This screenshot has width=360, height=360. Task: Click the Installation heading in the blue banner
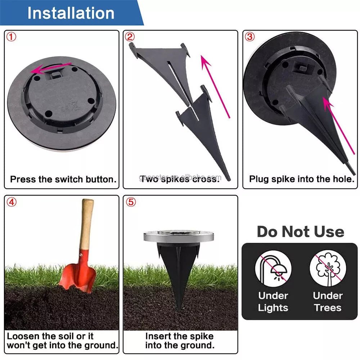71,13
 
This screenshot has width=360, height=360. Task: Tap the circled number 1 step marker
12,37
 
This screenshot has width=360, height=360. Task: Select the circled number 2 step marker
130,37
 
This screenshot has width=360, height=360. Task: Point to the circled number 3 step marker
249,37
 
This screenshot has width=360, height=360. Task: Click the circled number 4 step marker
12,202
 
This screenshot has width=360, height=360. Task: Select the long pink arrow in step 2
215,86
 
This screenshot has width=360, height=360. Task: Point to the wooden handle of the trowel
86,223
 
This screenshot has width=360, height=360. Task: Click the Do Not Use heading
300,232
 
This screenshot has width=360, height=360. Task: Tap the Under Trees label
328,302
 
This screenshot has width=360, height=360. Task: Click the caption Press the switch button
63,179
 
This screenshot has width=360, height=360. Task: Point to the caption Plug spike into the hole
302,179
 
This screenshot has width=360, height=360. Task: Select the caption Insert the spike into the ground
180,341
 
